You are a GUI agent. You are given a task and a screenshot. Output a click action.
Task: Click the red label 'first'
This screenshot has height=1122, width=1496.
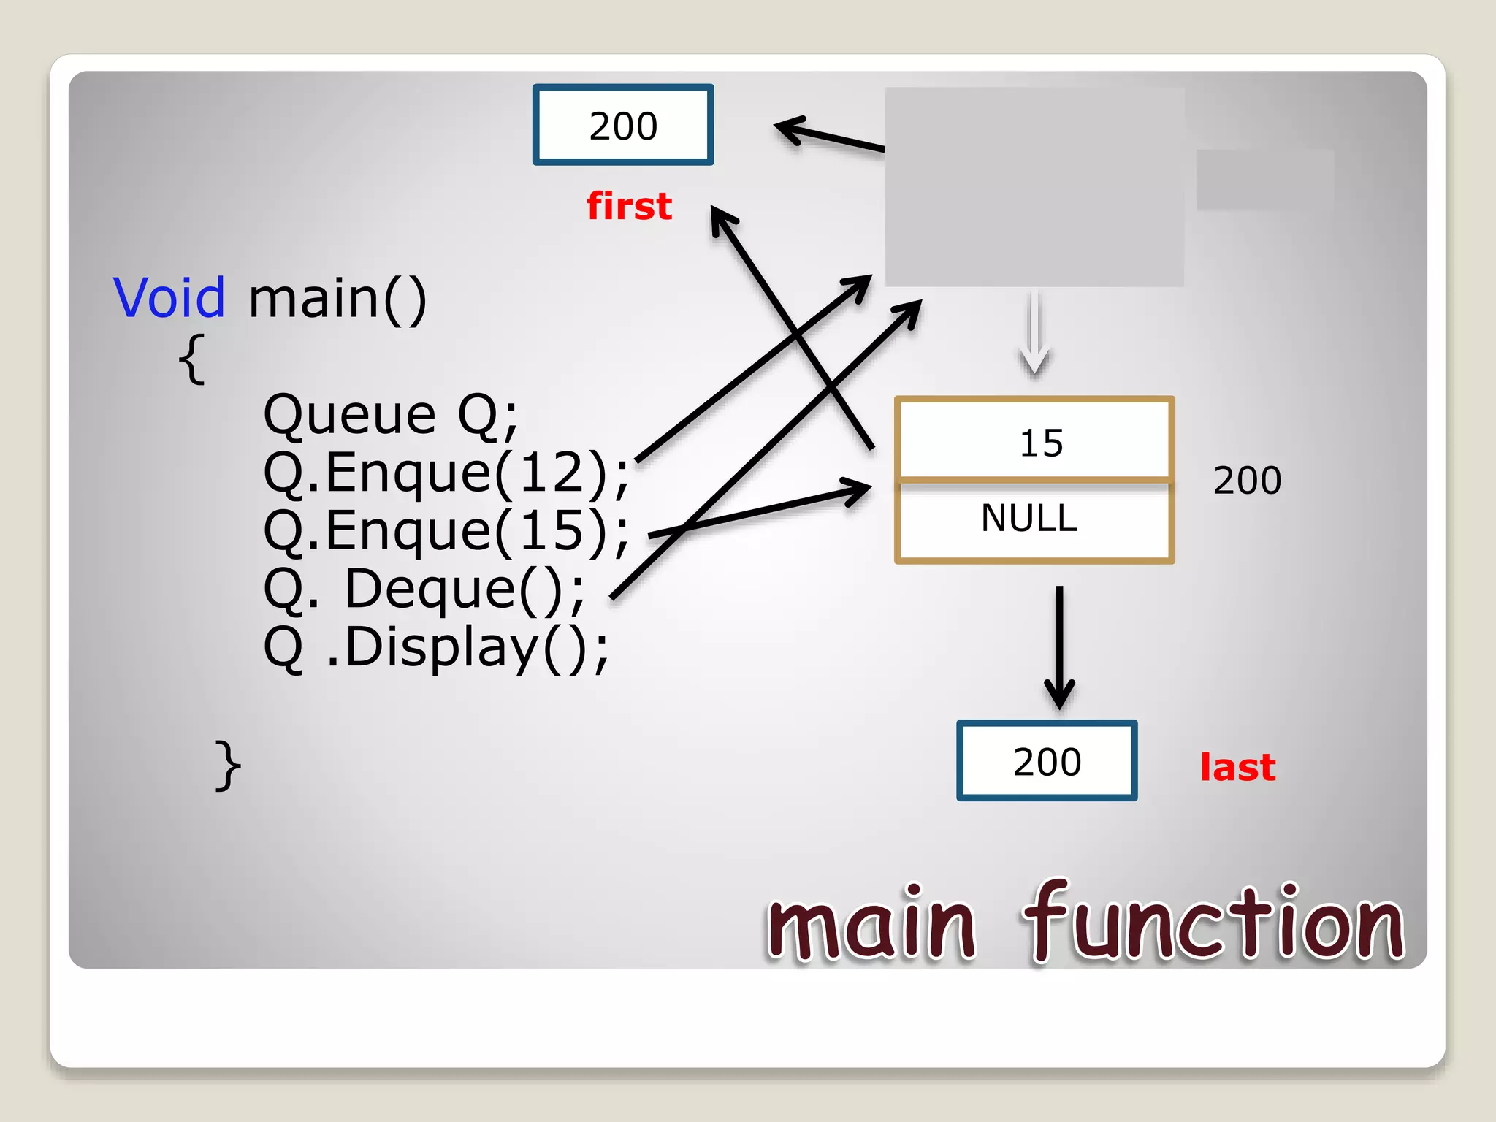coord(629,206)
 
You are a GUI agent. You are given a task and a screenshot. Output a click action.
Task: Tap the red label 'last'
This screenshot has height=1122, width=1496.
coord(1237,768)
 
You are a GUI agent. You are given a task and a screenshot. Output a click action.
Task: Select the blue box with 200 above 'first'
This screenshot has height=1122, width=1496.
coord(623,125)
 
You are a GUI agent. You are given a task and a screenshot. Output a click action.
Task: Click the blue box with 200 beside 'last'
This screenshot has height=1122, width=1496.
coord(1047,761)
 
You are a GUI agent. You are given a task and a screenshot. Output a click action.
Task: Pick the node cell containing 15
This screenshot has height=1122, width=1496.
coord(1034,440)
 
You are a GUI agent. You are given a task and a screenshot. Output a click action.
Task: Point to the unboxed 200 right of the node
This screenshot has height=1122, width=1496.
coord(1247,481)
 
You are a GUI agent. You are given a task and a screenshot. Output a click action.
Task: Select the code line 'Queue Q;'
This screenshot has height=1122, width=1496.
coord(390,415)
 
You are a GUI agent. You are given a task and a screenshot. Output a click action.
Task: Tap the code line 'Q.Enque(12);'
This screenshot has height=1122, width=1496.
coord(446,473)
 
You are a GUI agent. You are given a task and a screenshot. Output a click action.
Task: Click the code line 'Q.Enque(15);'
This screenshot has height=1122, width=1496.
coord(446,531)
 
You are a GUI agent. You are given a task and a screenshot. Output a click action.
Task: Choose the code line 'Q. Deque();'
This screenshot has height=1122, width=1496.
coord(424,589)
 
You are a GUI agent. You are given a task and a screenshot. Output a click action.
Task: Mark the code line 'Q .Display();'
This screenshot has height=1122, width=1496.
coord(435,647)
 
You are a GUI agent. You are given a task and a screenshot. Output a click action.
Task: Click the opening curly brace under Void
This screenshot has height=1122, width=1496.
coord(191,359)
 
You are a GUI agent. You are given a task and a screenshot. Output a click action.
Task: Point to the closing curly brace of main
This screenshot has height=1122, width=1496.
coord(228,765)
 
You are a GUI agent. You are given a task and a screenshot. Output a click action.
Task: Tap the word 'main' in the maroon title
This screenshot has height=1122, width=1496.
coord(871,924)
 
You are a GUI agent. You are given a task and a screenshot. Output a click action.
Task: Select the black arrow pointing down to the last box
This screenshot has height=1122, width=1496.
coord(1059,646)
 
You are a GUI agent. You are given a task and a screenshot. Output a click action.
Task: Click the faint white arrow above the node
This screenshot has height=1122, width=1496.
coord(1034,332)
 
